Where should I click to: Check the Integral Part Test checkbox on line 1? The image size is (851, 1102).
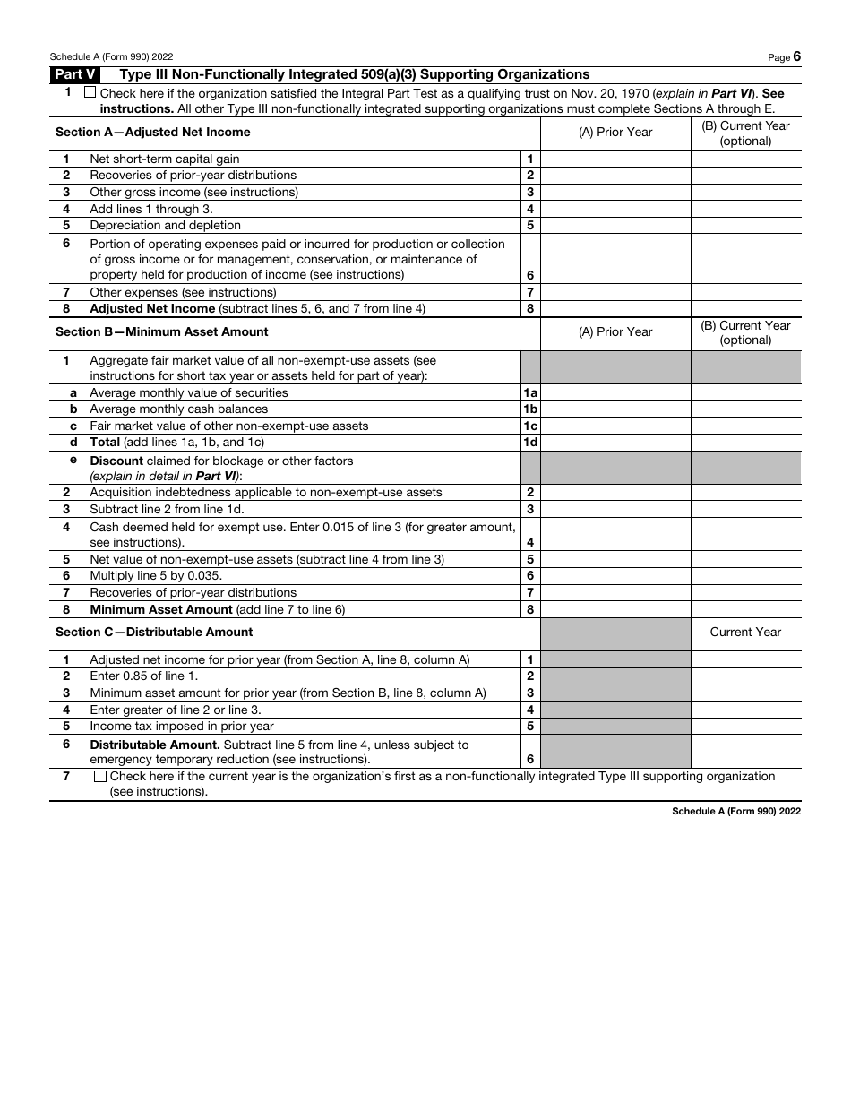pos(90,92)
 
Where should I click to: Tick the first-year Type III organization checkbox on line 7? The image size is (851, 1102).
pos(99,777)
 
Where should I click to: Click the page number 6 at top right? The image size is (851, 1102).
pos(796,56)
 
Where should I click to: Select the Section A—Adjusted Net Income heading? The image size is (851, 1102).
pos(153,133)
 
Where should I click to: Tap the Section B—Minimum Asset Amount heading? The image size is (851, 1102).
pos(162,332)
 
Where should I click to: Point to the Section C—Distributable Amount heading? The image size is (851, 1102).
pos(154,633)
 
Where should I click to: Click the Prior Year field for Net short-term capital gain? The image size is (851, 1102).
pos(615,159)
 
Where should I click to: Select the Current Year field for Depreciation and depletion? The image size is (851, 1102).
pos(745,226)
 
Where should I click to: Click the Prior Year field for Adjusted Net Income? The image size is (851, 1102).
pos(615,309)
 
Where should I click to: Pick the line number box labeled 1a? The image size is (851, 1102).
pos(530,393)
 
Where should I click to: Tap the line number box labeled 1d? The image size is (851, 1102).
pos(530,443)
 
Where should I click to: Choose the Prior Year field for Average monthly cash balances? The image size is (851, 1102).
pos(615,409)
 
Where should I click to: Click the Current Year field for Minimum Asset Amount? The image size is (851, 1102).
pos(745,610)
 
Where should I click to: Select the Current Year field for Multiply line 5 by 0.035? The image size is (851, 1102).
pos(745,576)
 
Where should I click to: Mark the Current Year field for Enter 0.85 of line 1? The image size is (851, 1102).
pos(745,676)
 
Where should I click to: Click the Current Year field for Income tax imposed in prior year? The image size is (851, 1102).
pos(745,727)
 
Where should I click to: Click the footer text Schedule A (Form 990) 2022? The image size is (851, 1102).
pos(736,811)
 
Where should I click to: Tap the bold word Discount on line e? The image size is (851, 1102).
pos(116,461)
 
